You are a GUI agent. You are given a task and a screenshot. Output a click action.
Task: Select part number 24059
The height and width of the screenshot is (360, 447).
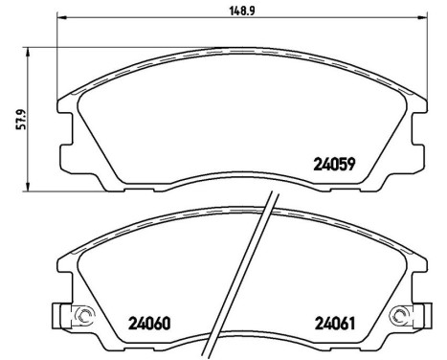[x=335, y=163]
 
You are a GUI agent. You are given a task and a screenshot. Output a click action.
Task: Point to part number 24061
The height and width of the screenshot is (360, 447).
[x=335, y=322]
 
